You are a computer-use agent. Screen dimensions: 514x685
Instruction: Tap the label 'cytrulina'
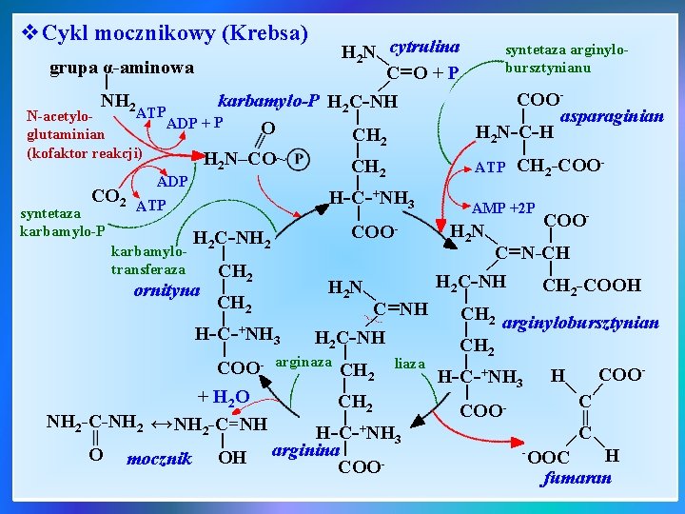coord(425,47)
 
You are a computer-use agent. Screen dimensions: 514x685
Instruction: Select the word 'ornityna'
coord(167,289)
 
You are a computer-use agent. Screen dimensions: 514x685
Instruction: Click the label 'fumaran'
coord(577,478)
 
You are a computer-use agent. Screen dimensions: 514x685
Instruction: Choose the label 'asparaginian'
coord(613,115)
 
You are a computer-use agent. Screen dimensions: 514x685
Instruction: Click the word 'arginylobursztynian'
coord(579,323)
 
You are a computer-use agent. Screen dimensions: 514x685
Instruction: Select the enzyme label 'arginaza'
coord(303,362)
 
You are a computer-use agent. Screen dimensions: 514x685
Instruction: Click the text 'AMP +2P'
coord(504,208)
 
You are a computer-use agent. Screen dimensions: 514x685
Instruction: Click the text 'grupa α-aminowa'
coord(121,68)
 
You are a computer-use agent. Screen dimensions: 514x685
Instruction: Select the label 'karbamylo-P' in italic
coord(267,100)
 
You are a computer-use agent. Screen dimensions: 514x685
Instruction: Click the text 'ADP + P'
coord(194,123)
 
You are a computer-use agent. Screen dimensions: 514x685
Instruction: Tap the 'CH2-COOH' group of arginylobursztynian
coord(591,285)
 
